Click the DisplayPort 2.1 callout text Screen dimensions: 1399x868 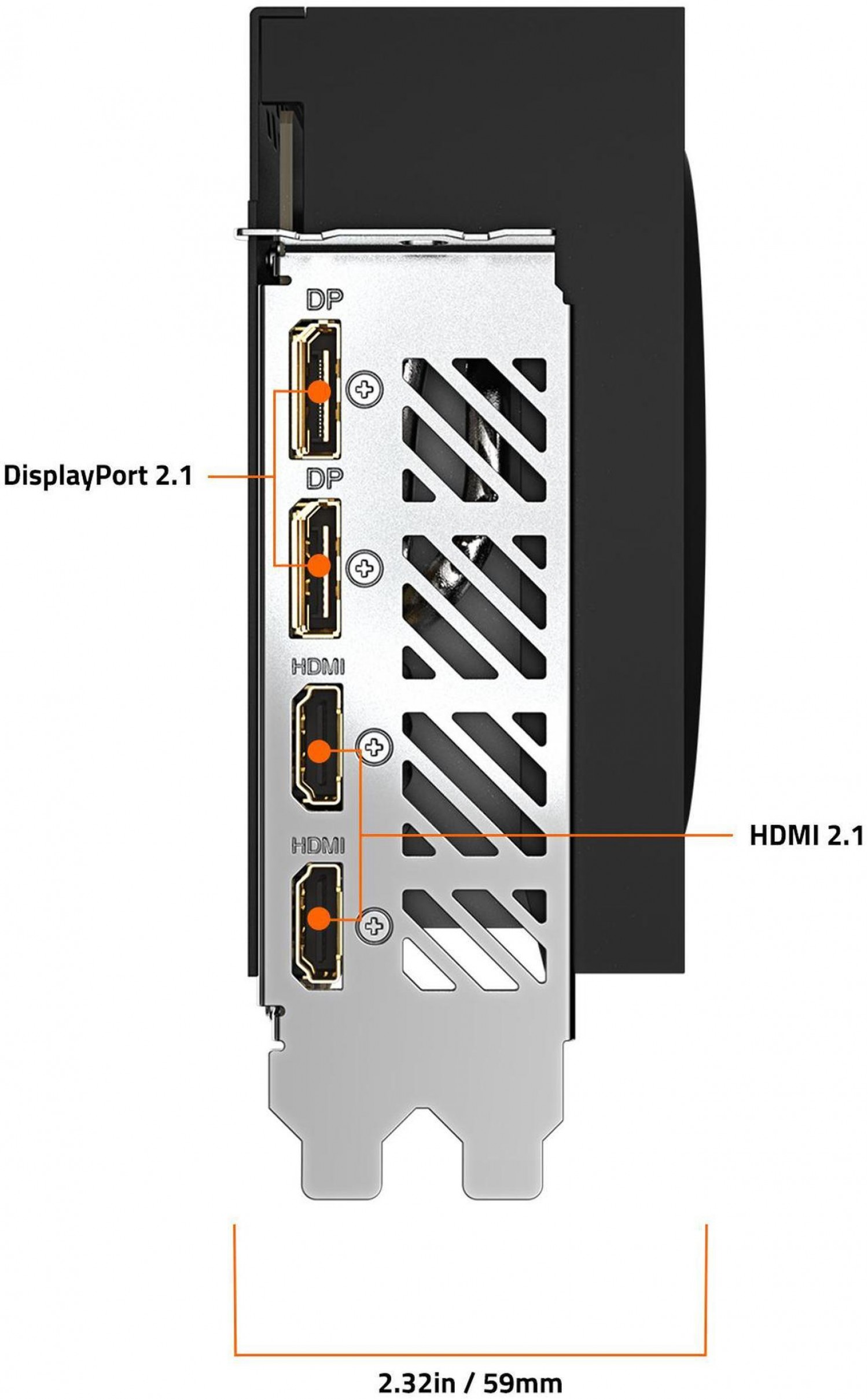(x=97, y=476)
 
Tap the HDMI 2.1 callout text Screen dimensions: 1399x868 (x=806, y=835)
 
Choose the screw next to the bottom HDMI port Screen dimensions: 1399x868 (x=376, y=926)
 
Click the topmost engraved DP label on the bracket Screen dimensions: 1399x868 (x=325, y=299)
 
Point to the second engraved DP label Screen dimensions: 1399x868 (x=325, y=478)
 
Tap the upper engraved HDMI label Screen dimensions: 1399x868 (x=318, y=668)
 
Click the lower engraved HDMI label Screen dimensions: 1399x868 (x=318, y=847)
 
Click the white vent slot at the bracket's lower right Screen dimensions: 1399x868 (x=457, y=955)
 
